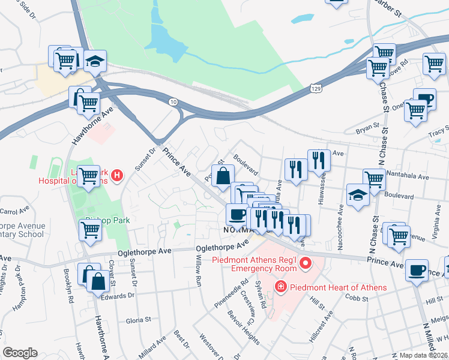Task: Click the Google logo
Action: click(20, 353)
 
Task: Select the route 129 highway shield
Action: click(315, 88)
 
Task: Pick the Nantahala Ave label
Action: click(408, 178)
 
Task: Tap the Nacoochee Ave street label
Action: click(340, 224)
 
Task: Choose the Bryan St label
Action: click(367, 127)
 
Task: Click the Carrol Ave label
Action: click(15, 211)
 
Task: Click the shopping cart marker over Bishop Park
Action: click(90, 229)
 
